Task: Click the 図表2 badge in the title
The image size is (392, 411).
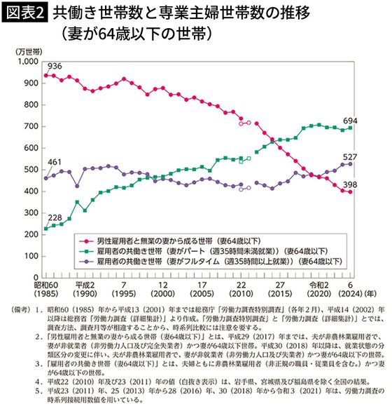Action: point(25,12)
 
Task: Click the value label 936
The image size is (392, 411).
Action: point(55,67)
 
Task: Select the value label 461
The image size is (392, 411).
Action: point(55,163)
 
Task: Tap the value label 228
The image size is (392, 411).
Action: point(53,217)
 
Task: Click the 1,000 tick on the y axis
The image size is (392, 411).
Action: point(29,62)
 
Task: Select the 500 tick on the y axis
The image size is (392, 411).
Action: point(33,170)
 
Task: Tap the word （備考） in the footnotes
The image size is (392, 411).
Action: point(17,309)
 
